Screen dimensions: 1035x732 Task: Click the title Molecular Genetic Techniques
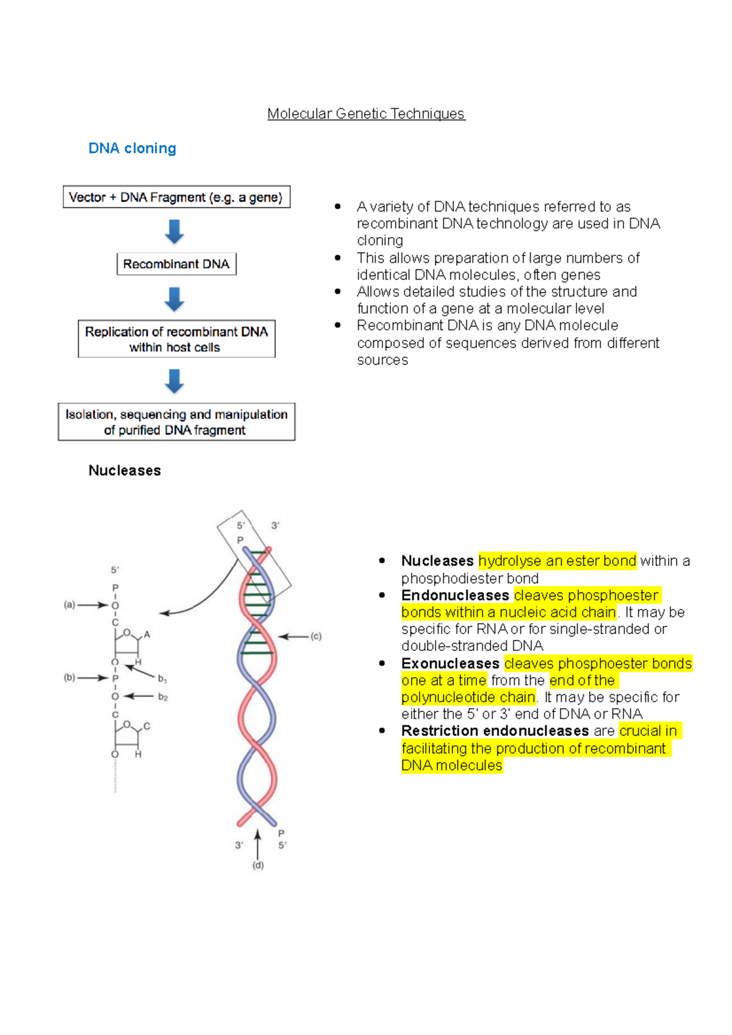(x=366, y=114)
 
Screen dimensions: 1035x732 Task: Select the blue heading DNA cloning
(x=132, y=148)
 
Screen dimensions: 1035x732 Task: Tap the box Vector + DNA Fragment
(x=176, y=197)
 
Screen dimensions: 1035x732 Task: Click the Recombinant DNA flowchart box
(x=176, y=264)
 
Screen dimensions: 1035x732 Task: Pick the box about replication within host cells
(x=176, y=339)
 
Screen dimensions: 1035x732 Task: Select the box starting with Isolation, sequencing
(x=176, y=422)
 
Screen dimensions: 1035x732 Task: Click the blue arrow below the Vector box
(x=174, y=232)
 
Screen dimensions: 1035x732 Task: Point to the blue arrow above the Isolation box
(x=174, y=381)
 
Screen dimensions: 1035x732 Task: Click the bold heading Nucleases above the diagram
(x=124, y=471)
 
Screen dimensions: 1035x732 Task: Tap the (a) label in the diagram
(x=70, y=605)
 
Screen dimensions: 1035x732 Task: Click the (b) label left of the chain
(x=70, y=677)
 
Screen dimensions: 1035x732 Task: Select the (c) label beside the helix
(x=316, y=636)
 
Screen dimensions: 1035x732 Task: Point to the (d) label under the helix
(x=258, y=865)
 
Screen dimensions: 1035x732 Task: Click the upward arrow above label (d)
(x=258, y=844)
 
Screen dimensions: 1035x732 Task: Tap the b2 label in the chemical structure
(x=163, y=697)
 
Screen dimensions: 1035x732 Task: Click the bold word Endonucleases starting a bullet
(x=455, y=595)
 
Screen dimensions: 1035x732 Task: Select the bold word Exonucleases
(x=450, y=663)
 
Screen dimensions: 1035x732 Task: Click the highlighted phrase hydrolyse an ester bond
(x=557, y=561)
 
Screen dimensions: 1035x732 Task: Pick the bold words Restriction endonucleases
(x=495, y=731)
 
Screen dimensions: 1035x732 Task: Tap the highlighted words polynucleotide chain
(x=468, y=697)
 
